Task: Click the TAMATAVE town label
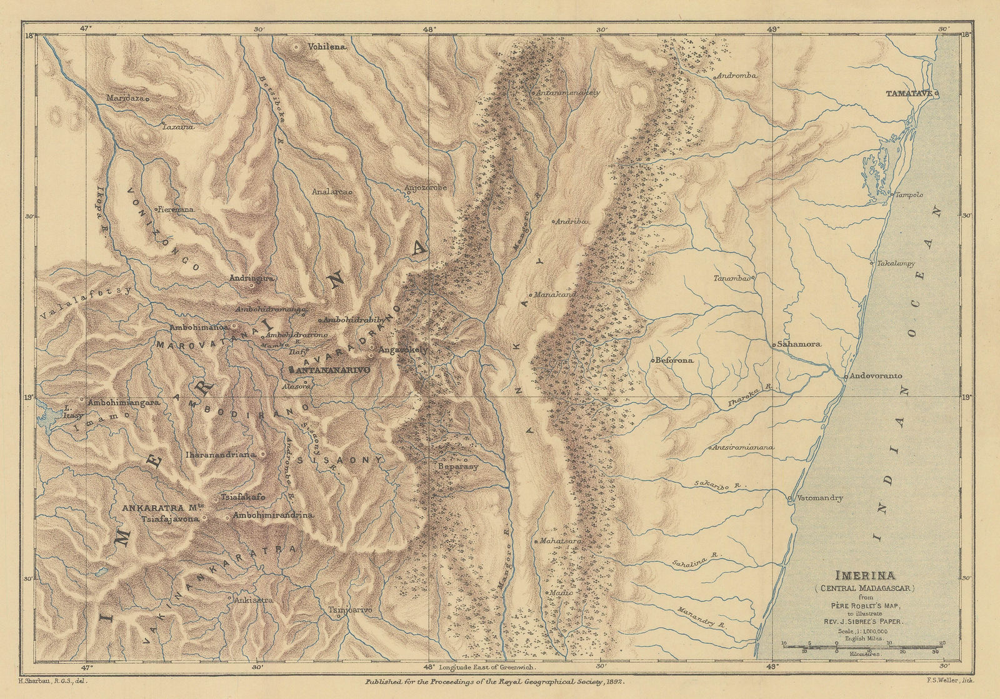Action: point(909,93)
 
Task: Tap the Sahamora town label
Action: point(807,344)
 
